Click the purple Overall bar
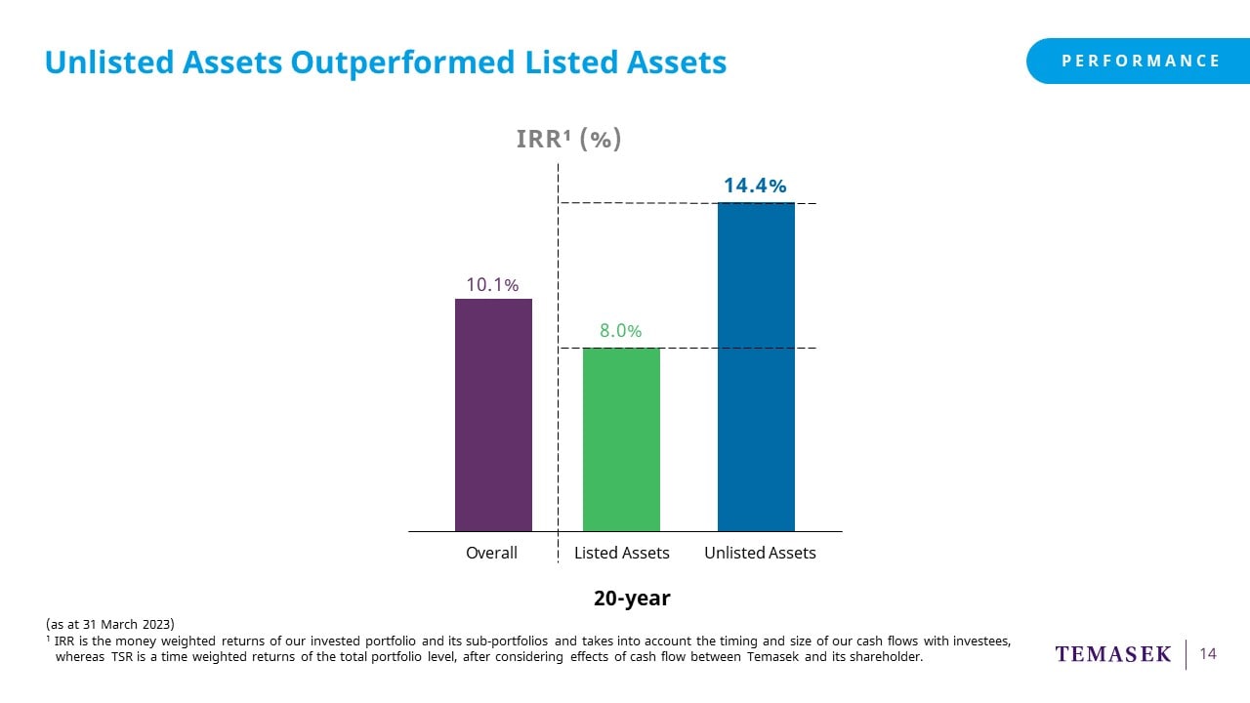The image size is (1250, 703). [493, 415]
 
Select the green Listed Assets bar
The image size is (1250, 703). [621, 439]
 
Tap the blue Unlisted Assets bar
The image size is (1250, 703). [756, 367]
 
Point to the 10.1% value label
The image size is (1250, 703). [491, 284]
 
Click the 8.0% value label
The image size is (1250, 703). [620, 331]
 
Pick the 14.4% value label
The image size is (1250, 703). [755, 186]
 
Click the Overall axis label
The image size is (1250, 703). [491, 553]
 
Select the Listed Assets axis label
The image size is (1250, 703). [621, 553]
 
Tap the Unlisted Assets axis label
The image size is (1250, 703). [760, 553]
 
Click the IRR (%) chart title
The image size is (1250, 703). [568, 140]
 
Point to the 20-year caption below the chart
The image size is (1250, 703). [632, 598]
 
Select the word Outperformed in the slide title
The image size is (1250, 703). [403, 62]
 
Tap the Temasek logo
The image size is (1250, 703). [1112, 654]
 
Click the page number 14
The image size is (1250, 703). [1208, 654]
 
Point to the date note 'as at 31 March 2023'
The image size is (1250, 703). [109, 624]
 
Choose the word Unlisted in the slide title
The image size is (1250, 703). [103, 62]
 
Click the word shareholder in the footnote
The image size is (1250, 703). [885, 657]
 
